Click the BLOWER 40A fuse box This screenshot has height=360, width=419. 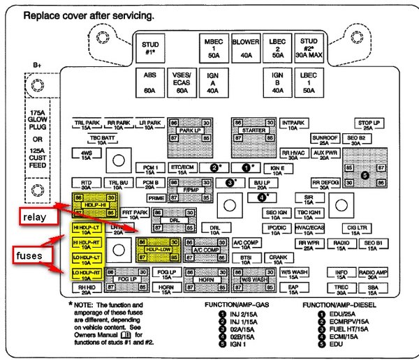[245, 47]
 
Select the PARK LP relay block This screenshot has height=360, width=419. [189, 130]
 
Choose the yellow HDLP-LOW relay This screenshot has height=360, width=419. [156, 248]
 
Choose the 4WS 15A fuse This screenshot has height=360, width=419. [86, 153]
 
